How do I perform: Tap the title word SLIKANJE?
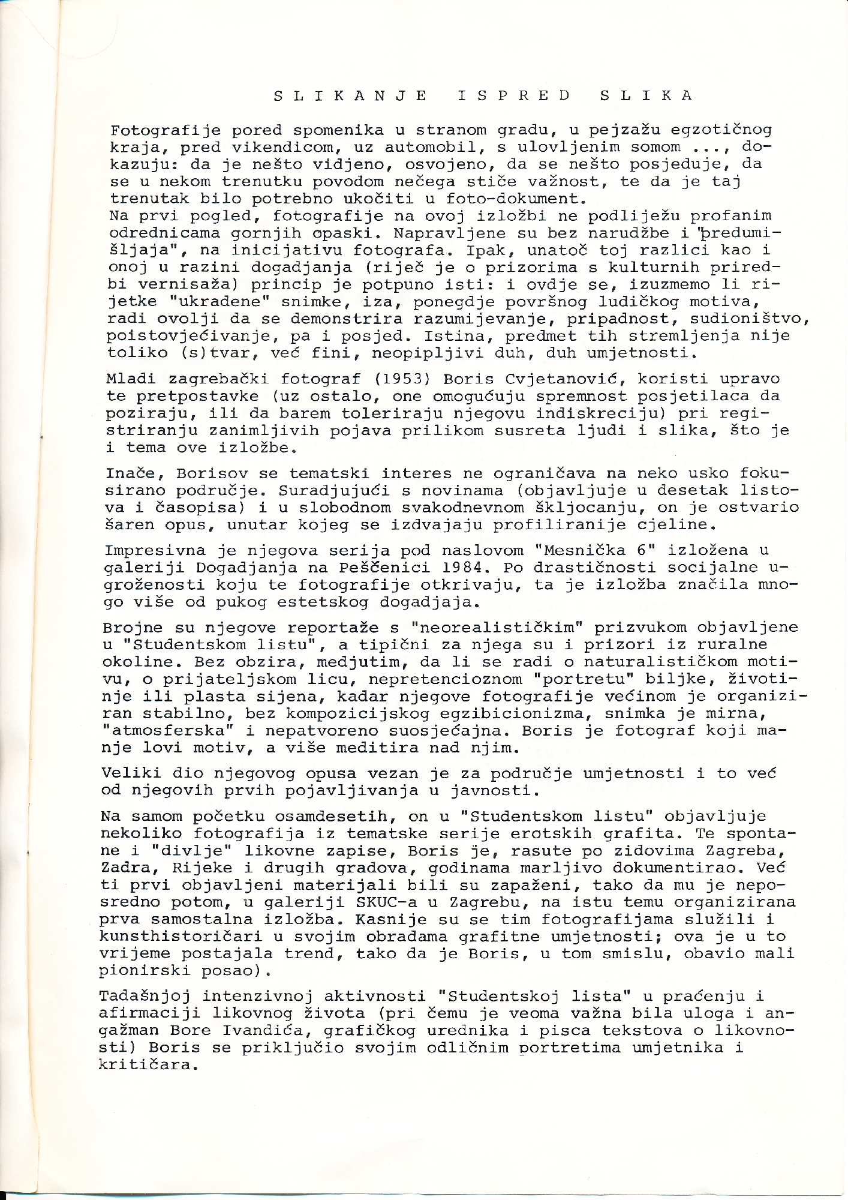click(351, 95)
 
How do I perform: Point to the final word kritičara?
click(148, 1066)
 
